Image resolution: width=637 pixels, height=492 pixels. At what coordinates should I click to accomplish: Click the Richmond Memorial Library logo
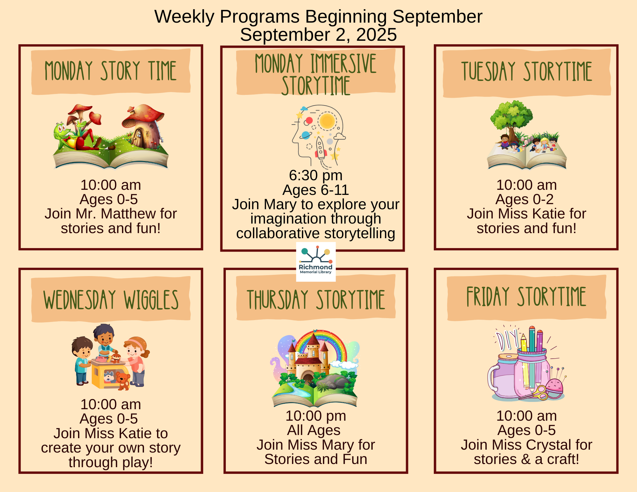pos(316,262)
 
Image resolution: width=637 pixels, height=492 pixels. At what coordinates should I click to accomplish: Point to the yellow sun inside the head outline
pos(327,121)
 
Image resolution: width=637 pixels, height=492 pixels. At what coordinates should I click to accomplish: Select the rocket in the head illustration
pos(320,147)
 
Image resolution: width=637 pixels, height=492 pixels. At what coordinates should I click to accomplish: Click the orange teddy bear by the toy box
pos(123,381)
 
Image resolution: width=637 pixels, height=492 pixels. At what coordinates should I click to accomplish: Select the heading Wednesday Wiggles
pos(111,300)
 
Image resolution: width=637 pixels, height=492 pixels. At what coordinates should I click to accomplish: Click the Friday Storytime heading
pos(526,297)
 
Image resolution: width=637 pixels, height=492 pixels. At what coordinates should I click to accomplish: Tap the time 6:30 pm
pos(316,175)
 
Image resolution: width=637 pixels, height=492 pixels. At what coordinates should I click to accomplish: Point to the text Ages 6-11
pos(316,190)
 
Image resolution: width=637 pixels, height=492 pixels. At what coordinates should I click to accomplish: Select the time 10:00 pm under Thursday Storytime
pos(316,416)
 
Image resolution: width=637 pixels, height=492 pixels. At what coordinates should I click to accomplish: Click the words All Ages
pos(314,430)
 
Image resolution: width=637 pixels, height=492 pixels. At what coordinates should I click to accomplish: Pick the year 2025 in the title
pos(376,34)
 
